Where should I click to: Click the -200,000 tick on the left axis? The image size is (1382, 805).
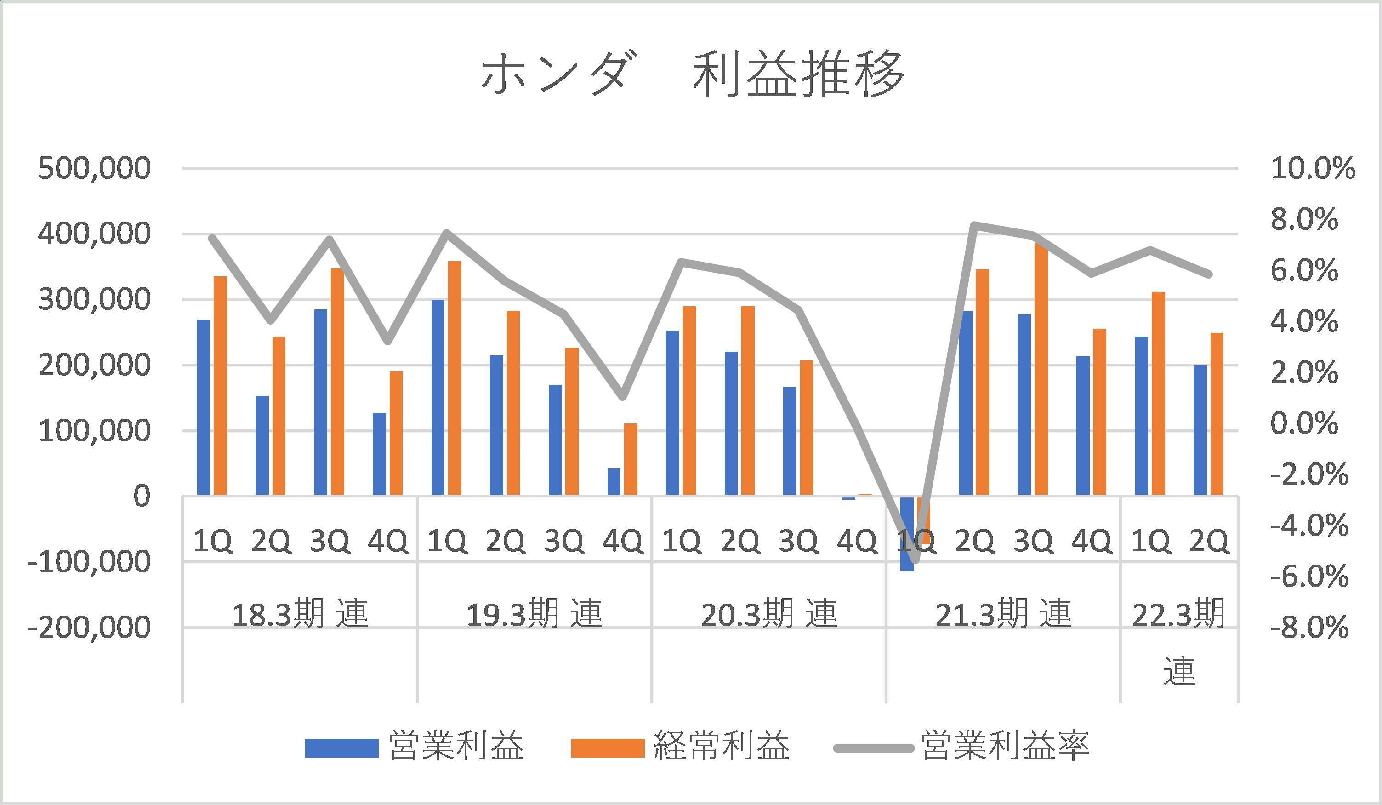89,627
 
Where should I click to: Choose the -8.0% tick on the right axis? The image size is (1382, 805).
1309,627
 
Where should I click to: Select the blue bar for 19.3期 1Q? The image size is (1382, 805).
438,397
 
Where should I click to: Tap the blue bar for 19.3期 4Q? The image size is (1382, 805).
614,481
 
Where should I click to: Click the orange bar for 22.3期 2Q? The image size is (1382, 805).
1217,414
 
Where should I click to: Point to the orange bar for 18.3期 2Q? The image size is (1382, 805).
279,416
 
